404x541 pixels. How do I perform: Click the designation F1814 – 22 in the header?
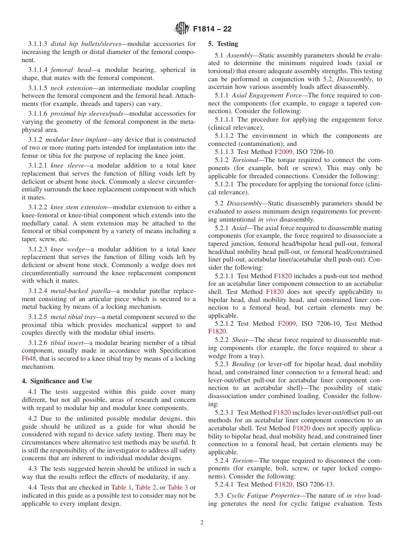(x=212, y=29)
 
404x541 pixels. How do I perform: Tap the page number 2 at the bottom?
(x=202, y=523)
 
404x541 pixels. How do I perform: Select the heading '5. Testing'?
(x=223, y=44)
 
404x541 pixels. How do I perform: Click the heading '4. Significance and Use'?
(x=57, y=381)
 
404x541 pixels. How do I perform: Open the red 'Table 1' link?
(x=121, y=487)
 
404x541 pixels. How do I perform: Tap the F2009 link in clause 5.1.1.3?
(x=283, y=152)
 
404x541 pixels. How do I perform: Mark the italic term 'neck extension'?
(x=71, y=88)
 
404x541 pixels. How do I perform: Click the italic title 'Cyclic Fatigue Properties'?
(x=265, y=495)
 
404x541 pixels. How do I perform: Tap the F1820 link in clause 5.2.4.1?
(x=283, y=484)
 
